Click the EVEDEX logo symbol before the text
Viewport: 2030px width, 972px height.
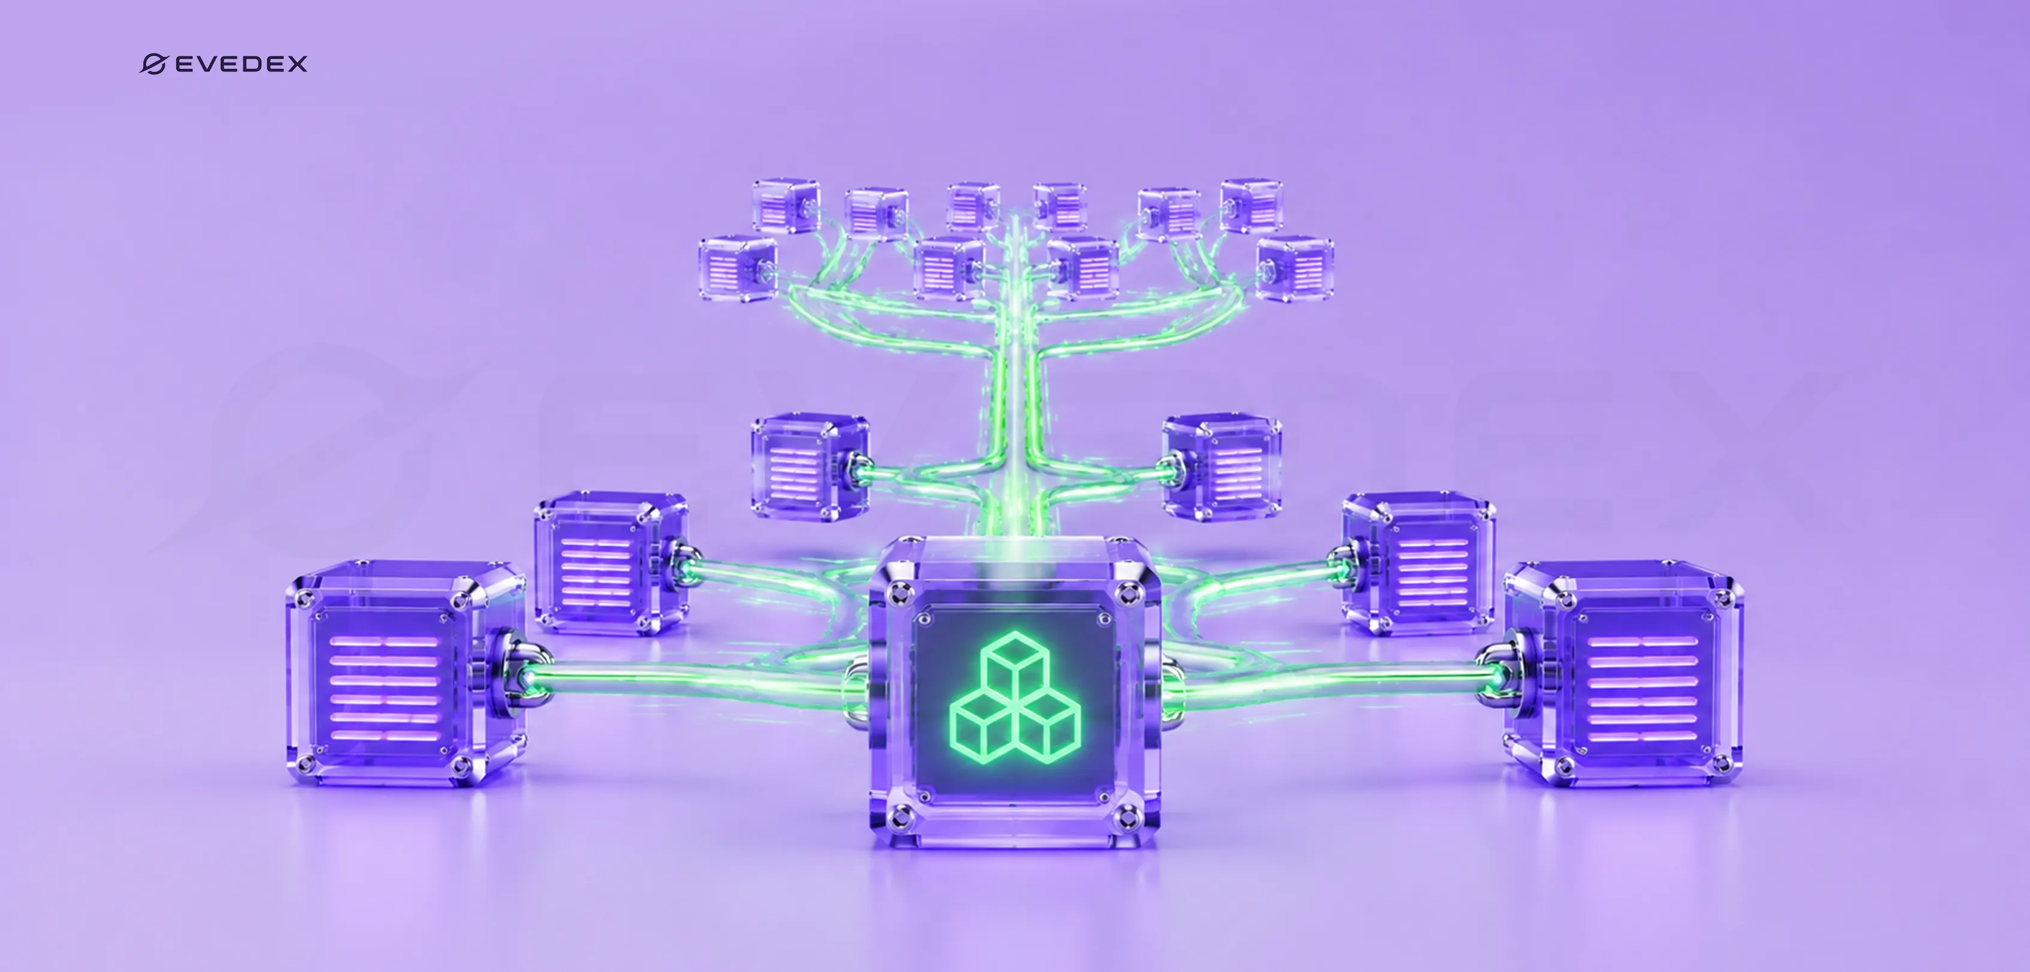(153, 64)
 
